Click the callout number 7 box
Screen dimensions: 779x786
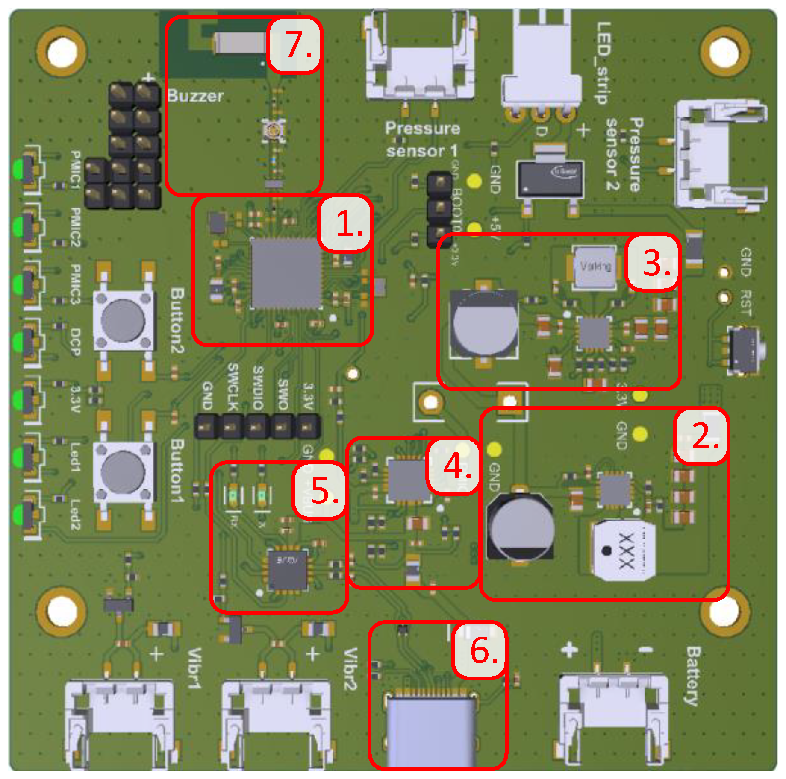(294, 45)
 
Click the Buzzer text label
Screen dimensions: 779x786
(195, 96)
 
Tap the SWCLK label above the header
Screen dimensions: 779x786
(233, 387)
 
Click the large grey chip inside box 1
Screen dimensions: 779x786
(286, 273)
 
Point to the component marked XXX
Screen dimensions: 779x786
(625, 551)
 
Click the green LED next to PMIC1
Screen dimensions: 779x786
(18, 169)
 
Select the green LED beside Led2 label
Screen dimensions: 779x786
(18, 515)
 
